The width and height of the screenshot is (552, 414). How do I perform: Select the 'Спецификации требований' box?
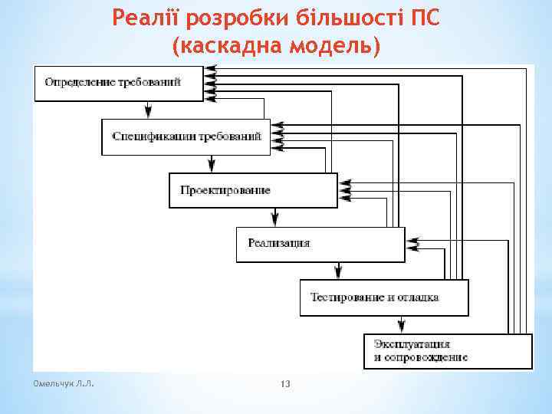(186, 137)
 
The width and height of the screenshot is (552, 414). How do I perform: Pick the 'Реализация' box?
(320, 244)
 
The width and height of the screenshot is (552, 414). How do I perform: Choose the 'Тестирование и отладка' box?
(383, 297)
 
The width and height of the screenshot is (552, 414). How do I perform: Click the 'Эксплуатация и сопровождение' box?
(447, 351)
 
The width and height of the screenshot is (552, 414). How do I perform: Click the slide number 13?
(285, 383)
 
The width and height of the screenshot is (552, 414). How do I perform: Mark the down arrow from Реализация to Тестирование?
(338, 271)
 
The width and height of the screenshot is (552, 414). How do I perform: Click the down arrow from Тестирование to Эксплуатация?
(402, 325)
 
